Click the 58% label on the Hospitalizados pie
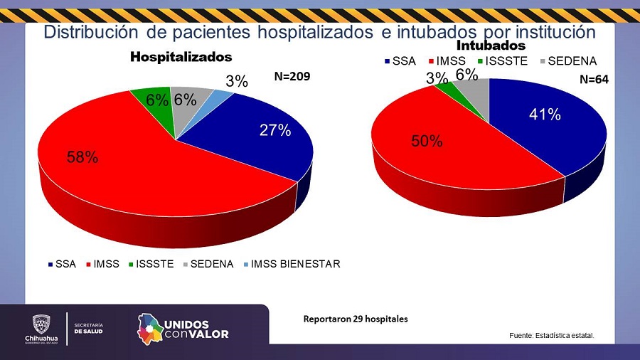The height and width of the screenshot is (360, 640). coord(82,157)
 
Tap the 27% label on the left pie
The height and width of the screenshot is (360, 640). coord(274,130)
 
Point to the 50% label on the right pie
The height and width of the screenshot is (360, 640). coord(427,141)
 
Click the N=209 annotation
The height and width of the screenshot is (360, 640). coord(293,75)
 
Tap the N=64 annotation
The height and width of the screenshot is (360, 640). coord(594,80)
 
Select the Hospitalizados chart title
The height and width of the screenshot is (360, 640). coord(181,56)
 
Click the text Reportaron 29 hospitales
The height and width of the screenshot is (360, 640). coord(356,319)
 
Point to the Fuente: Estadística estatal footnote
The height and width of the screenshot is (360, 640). coord(551,335)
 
